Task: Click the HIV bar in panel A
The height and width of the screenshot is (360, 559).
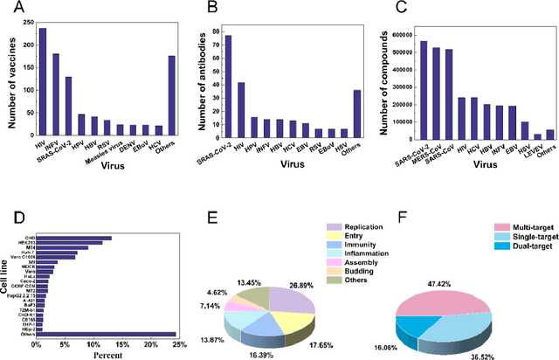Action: tap(43, 82)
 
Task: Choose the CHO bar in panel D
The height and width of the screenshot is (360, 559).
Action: tap(73, 213)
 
